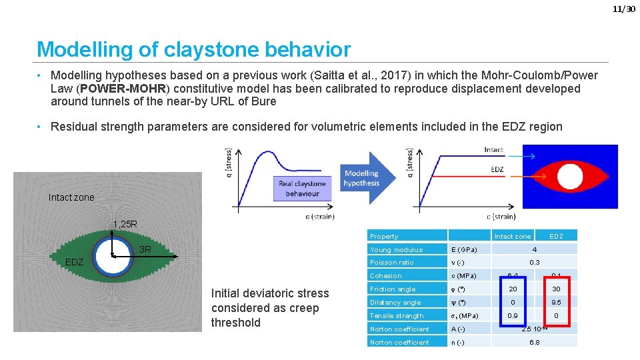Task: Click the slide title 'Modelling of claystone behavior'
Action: [193, 49]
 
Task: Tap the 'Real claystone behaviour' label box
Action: [302, 188]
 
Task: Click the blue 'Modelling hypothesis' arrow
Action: [363, 179]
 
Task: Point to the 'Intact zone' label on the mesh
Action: [71, 197]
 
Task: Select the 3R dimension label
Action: [145, 250]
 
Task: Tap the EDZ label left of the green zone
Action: [74, 262]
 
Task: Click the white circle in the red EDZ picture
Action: [571, 177]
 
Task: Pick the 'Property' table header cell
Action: [384, 236]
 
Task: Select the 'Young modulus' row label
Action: [397, 249]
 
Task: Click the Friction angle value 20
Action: [513, 289]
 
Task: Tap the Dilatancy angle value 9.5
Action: [556, 302]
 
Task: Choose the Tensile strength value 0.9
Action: [513, 315]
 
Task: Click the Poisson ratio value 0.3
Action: [534, 263]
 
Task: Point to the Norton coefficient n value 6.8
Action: [534, 342]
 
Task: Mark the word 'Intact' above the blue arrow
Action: [494, 150]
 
